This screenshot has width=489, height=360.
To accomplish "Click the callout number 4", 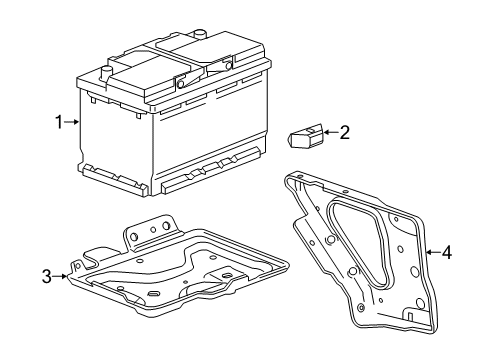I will pos(446,253).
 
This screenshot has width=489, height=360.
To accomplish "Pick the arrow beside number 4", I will pos(432,253).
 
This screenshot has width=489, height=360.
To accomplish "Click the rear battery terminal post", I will pos(199,35).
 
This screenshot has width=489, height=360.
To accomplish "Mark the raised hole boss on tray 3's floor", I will pos(228,276).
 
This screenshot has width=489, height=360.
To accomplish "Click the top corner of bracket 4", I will pos(294,179).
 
